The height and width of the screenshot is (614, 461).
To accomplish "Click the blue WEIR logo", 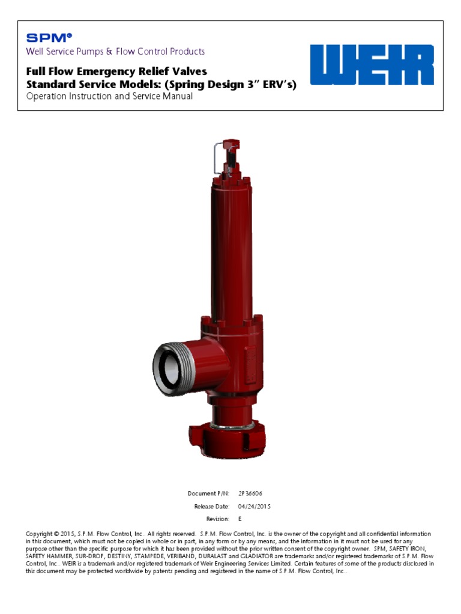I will pyautogui.click(x=372, y=65).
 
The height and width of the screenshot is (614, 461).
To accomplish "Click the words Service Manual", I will pyautogui.click(x=161, y=97).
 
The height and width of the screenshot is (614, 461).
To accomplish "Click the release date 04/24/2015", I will pyautogui.click(x=255, y=506).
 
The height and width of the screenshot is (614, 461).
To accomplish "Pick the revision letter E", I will pyautogui.click(x=240, y=519).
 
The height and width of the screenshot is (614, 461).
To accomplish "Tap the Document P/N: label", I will pyautogui.click(x=208, y=493).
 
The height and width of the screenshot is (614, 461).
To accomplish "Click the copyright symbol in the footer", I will pyautogui.click(x=56, y=534).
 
